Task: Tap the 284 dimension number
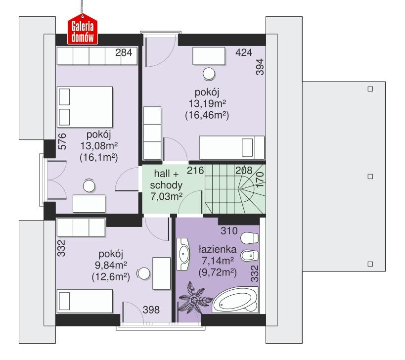(x=124, y=54)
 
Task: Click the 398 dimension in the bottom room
(x=151, y=310)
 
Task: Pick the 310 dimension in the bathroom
(x=229, y=230)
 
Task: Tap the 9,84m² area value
(x=111, y=266)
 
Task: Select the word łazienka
(x=217, y=250)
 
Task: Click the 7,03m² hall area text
(x=166, y=197)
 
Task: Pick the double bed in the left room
(x=86, y=107)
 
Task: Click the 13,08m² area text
(x=101, y=146)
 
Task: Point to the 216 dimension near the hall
(x=195, y=171)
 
